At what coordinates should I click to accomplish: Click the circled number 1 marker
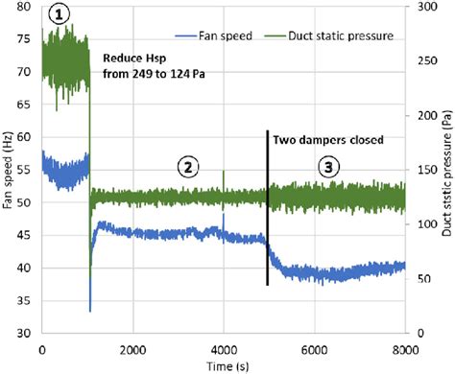[62, 14]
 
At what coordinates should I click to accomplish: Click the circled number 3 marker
[329, 167]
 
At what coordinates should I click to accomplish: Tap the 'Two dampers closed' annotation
[328, 140]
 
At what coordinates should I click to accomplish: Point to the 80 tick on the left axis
[26, 8]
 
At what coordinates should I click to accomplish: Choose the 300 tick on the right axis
[420, 8]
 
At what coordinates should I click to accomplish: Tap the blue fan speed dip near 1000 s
[89, 307]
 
